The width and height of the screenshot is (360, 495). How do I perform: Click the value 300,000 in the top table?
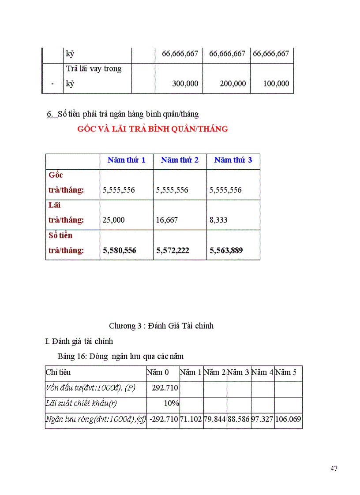[185, 83]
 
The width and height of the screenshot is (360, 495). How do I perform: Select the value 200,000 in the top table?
[232, 83]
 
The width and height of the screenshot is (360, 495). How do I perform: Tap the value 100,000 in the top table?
[276, 83]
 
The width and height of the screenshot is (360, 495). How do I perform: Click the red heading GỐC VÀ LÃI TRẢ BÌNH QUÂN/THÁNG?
[153, 129]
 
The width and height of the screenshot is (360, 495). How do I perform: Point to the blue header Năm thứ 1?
[127, 160]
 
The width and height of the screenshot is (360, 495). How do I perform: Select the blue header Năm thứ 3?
[233, 160]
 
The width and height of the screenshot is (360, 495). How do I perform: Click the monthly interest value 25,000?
[114, 220]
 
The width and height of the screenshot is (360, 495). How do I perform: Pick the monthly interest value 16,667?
[167, 220]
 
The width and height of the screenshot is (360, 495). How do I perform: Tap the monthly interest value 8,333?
[218, 220]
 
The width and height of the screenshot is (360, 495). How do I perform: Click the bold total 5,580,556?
[120, 250]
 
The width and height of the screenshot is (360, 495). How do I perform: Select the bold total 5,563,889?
[226, 250]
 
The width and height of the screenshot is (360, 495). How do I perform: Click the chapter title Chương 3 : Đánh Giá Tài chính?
[161, 326]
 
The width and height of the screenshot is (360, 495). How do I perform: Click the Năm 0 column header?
[158, 372]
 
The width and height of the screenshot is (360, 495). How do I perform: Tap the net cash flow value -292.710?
[163, 419]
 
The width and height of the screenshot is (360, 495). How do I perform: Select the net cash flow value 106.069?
[288, 419]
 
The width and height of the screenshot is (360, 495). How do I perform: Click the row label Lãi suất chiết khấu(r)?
[81, 403]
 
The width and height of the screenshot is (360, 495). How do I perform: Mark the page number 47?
[334, 469]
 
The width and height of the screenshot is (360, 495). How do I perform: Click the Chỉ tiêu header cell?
[58, 372]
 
